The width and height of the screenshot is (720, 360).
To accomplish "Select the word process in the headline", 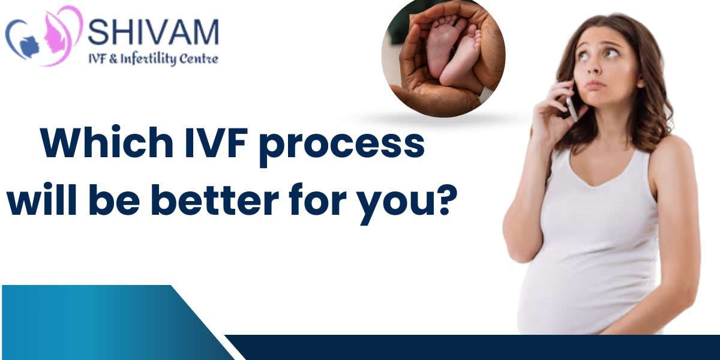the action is click(342, 147).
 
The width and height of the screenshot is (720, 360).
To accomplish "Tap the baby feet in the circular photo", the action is click(453, 52).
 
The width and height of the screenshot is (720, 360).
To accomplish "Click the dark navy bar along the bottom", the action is click(473, 347).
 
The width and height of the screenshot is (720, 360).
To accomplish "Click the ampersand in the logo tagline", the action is click(113, 59).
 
